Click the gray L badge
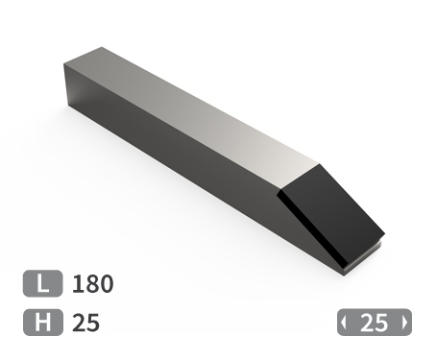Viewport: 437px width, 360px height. pyautogui.click(x=42, y=283)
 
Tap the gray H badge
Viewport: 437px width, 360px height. pyautogui.click(x=42, y=323)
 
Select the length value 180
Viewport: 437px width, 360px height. pyautogui.click(x=92, y=284)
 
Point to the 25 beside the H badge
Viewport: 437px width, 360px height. pyautogui.click(x=85, y=323)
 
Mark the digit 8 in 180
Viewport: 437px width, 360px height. pyautogui.click(x=91, y=284)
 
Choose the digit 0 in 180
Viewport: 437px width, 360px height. pyautogui.click(x=106, y=284)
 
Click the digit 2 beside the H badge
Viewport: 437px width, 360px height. pyautogui.click(x=79, y=323)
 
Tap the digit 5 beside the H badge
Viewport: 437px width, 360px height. pyautogui.click(x=92, y=323)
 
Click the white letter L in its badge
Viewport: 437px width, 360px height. pyautogui.click(x=42, y=283)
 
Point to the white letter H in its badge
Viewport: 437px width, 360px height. pyautogui.click(x=42, y=323)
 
